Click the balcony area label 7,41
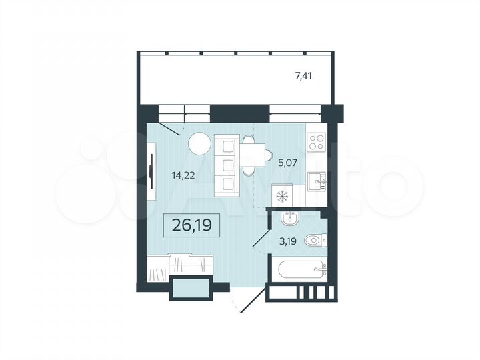coord(303,76)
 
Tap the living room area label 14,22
coord(184,177)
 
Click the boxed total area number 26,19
coord(191,225)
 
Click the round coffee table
coord(198,143)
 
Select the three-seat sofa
coord(227,164)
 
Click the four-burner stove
coord(316,142)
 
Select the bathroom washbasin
coord(288,219)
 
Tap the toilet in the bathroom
coord(313,241)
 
